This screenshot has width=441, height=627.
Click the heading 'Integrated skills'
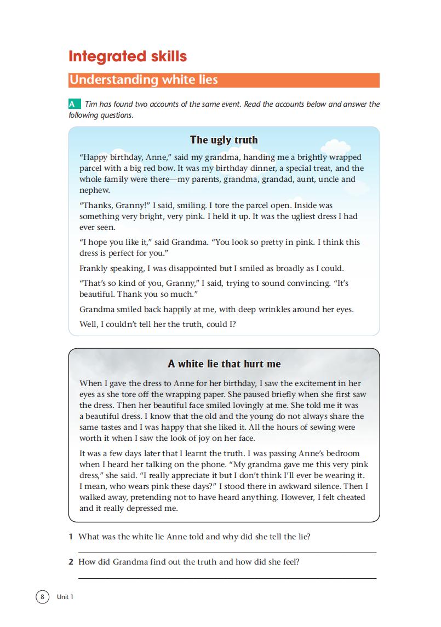[x=127, y=56]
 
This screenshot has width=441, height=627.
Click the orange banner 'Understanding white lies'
[x=144, y=80]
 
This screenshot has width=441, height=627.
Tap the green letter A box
[x=72, y=104]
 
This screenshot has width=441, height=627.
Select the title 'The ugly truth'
[x=224, y=140]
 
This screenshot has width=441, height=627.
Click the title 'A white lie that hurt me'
[x=224, y=364]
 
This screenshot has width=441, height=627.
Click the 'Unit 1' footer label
[x=65, y=597]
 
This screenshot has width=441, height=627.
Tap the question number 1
[x=71, y=537]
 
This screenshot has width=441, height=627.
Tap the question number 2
[x=71, y=562]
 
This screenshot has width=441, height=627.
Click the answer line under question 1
[x=227, y=553]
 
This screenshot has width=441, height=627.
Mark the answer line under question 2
[x=227, y=578]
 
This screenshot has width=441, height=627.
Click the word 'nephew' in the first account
[x=95, y=190]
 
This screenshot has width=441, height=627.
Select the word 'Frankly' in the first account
[x=94, y=268]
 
